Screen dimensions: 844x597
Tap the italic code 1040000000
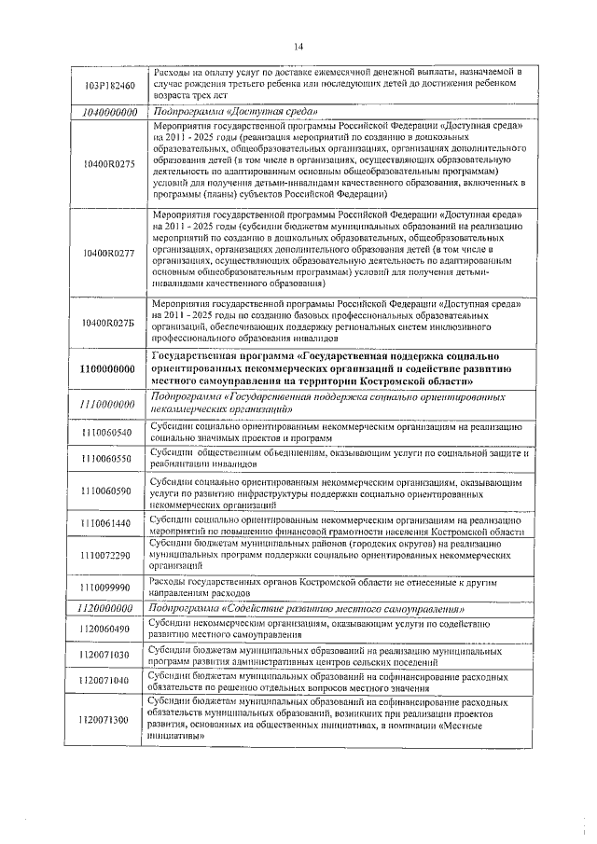coord(109,111)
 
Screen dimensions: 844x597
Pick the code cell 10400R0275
coord(109,163)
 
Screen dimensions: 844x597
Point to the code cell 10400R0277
coord(109,253)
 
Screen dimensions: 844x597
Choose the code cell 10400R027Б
coord(109,323)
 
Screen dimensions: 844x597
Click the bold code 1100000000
coord(109,369)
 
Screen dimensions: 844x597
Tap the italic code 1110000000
coord(109,404)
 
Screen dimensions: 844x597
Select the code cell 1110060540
coord(109,432)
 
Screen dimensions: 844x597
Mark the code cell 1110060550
coord(109,459)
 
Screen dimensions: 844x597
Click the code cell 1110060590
coord(109,491)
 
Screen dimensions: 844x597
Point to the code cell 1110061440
coord(109,523)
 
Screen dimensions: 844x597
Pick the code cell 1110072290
coord(109,555)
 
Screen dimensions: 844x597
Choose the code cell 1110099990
coord(109,588)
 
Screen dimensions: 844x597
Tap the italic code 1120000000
coord(109,608)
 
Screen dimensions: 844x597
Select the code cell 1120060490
coord(109,629)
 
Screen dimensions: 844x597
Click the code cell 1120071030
coord(109,656)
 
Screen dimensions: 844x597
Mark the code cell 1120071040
coord(109,682)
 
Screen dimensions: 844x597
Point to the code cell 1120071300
coord(109,720)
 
